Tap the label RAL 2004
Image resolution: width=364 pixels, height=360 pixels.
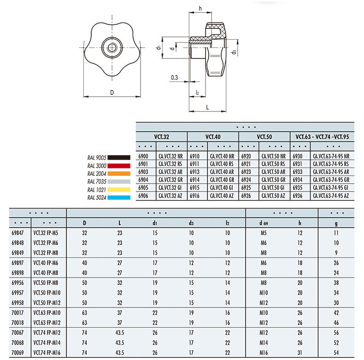pos(97,174)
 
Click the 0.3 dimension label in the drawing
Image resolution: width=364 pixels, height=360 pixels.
pos(174,77)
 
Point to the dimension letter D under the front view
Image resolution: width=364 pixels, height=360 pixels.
pos(112,93)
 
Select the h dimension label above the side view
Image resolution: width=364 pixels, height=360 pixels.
pos(200,8)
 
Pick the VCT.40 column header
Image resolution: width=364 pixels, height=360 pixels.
pos(213,137)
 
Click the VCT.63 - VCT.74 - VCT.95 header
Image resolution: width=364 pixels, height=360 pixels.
pos(322,137)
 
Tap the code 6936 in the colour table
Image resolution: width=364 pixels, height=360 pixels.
pos(298,196)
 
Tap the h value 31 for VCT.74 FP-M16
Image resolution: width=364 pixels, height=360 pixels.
pos(300,353)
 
